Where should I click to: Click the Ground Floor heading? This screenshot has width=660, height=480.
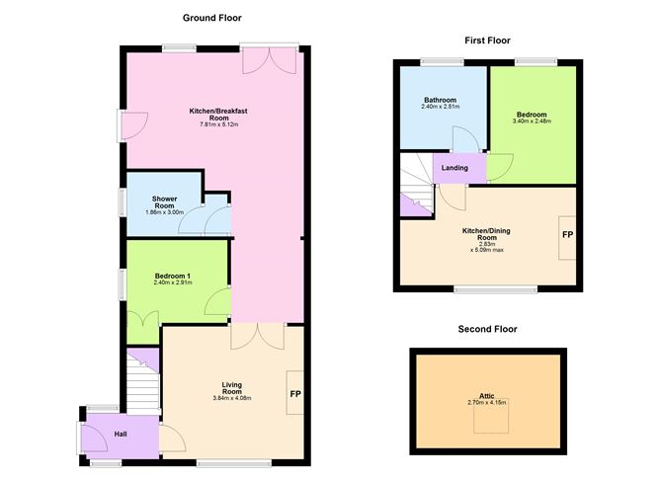[211, 18]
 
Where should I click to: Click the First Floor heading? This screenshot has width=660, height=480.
[486, 40]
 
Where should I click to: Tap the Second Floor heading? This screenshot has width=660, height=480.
[487, 329]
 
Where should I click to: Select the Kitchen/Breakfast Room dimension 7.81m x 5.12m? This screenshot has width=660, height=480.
[217, 124]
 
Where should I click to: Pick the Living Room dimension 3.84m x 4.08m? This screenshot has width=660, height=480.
[232, 398]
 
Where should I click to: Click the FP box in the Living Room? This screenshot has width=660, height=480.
[294, 394]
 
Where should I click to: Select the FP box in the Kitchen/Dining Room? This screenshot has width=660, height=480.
[568, 236]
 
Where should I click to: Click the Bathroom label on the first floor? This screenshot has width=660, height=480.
[440, 100]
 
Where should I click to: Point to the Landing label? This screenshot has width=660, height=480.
[455, 168]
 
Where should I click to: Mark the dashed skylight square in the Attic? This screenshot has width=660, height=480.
[487, 421]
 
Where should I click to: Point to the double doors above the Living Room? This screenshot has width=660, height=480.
[257, 336]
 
